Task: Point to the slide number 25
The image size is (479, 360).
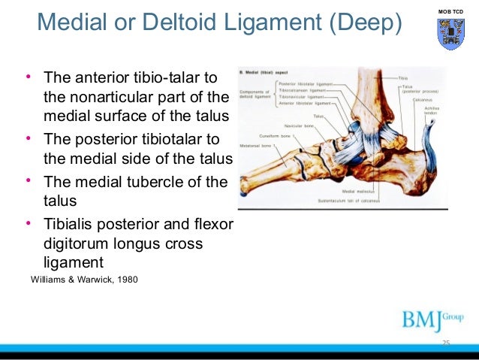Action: (x=446, y=343)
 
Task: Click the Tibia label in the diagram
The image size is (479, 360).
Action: (x=404, y=77)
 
